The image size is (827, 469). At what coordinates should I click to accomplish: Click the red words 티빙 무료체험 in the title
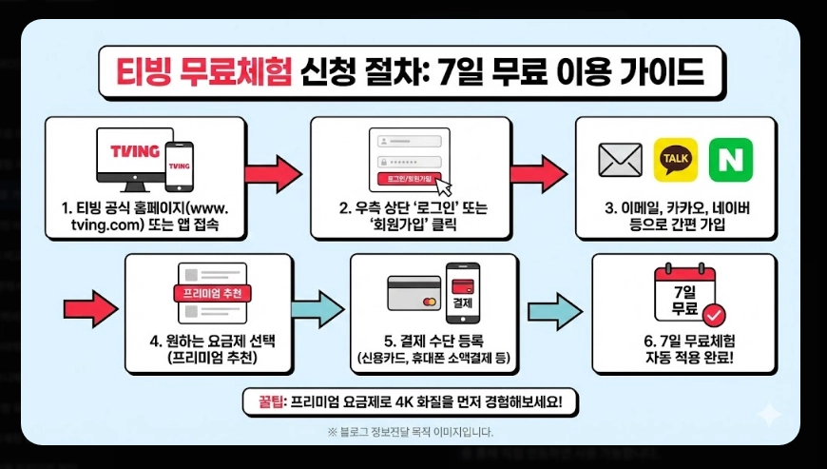(202, 71)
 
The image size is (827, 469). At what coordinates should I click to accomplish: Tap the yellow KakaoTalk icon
(676, 159)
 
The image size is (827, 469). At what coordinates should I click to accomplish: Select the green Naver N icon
(730, 159)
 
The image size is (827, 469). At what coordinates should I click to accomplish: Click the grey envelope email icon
(621, 160)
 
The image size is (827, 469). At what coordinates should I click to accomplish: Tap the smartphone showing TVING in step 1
(179, 167)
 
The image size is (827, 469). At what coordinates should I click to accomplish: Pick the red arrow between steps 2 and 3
(538, 173)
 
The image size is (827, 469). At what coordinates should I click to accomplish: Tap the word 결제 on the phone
(463, 303)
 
